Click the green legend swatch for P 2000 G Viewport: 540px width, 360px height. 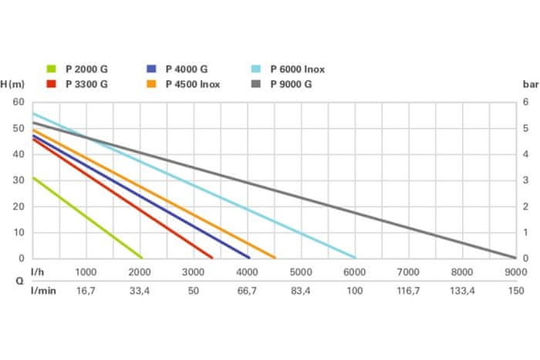coord(52,69)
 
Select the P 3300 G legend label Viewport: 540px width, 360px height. coord(87,84)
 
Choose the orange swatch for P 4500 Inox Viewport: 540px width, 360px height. coord(151,84)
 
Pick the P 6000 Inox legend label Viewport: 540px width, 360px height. coord(297,69)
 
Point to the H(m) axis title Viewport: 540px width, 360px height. coord(14,84)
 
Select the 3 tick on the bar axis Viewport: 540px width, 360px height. coord(525,180)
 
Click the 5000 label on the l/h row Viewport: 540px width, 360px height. coord(300,272)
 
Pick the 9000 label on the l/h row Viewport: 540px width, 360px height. coord(515,272)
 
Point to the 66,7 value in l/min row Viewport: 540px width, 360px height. coord(247,291)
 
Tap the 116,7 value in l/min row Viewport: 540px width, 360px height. coord(408,291)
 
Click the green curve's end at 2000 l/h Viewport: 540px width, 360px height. coord(142,257)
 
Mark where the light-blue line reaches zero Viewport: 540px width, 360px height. coord(355,257)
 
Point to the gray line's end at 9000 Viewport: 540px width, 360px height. coord(515,257)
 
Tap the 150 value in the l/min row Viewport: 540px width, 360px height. coord(515,291)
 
